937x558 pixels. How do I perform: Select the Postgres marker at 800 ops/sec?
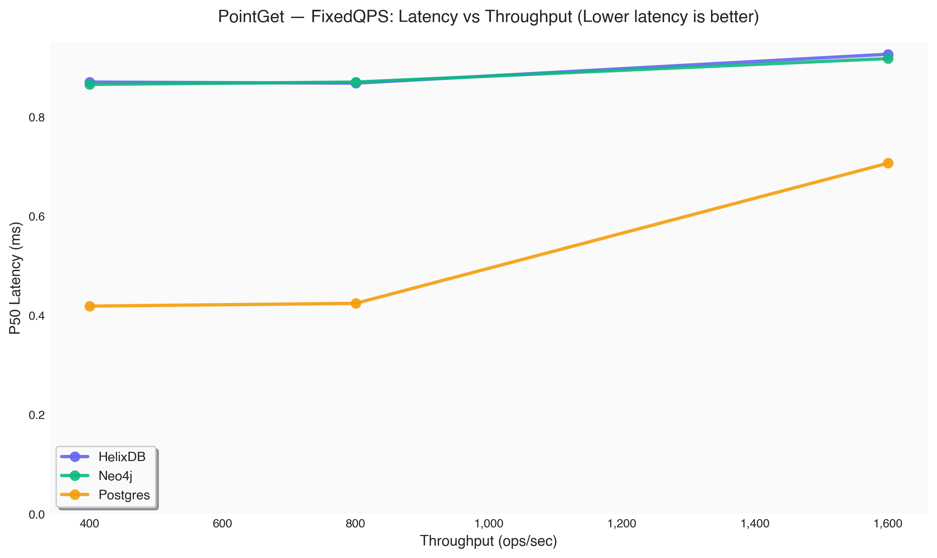click(355, 303)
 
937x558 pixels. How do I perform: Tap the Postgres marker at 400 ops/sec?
click(89, 306)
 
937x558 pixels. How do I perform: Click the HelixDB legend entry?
click(122, 457)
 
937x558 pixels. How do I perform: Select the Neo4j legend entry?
click(115, 476)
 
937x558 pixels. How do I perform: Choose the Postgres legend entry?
click(124, 495)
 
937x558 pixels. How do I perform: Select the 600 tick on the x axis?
click(222, 524)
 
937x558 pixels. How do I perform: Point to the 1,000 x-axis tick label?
click(488, 524)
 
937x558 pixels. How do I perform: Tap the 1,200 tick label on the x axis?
click(621, 524)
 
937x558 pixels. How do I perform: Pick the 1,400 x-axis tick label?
click(755, 524)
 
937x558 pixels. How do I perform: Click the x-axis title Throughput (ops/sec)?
click(488, 541)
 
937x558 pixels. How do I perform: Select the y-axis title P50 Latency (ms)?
click(15, 278)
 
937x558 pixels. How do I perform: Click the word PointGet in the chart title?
click(251, 17)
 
